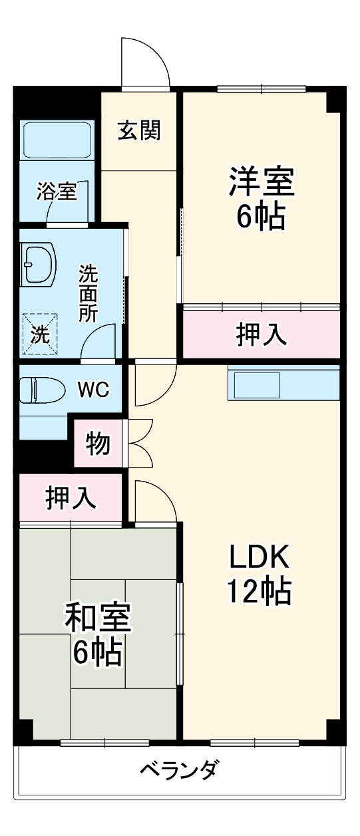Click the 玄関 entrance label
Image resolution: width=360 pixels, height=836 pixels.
pyautogui.click(x=139, y=130)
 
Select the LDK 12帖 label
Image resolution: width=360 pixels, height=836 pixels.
pyautogui.click(x=260, y=572)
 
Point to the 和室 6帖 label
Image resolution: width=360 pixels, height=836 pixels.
pyautogui.click(x=98, y=634)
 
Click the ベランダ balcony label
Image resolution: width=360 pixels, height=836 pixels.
pyautogui.click(x=178, y=771)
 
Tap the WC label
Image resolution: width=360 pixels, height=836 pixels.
pyautogui.click(x=94, y=389)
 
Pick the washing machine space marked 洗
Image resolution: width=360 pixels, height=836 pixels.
pyautogui.click(x=41, y=331)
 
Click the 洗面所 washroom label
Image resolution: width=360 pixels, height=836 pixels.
pyautogui.click(x=88, y=293)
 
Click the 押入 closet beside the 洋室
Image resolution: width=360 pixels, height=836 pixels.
pyautogui.click(x=262, y=335)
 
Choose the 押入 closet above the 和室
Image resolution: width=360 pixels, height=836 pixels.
pyautogui.click(x=70, y=497)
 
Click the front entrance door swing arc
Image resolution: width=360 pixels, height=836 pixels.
pyautogui.click(x=145, y=63)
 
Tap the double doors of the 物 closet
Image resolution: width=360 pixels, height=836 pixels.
pyautogui.click(x=140, y=442)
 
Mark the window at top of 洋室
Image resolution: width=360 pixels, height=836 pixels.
pyautogui.click(x=261, y=88)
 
